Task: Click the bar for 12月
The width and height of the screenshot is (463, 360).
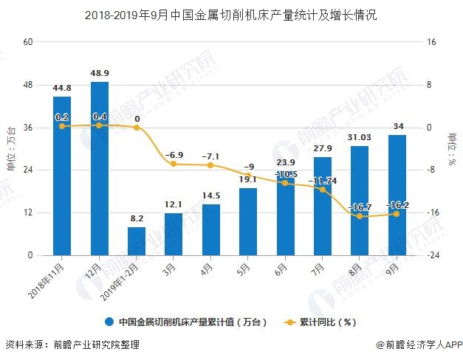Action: (100, 168)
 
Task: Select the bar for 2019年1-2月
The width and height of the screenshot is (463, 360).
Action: (137, 241)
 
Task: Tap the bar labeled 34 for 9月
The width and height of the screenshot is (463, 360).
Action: (397, 195)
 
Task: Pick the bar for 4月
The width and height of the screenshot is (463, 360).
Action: (211, 229)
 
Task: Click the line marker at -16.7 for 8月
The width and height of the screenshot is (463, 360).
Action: (360, 216)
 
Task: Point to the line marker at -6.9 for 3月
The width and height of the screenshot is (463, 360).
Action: (174, 164)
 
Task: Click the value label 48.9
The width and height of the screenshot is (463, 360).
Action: (100, 74)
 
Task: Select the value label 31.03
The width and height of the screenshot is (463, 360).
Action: (360, 137)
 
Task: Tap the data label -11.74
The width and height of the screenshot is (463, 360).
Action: (323, 181)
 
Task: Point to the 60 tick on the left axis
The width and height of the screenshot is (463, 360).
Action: (29, 42)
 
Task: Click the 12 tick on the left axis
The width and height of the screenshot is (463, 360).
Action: (29, 213)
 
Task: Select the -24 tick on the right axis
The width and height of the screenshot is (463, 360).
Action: (434, 255)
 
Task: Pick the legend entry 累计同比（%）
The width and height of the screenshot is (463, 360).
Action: (328, 322)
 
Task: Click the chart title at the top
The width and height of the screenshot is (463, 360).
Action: (231, 15)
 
